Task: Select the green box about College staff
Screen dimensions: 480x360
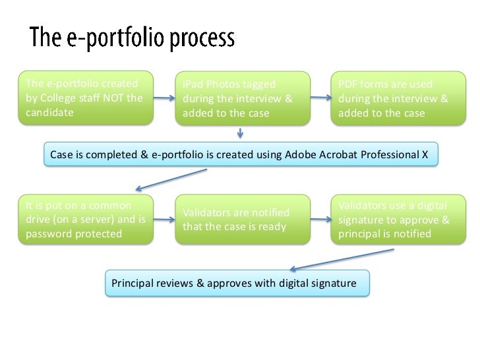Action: [85, 99]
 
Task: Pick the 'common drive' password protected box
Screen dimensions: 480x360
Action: [85, 220]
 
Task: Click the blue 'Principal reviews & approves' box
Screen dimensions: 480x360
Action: [237, 283]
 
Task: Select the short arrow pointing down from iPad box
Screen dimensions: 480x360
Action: [241, 133]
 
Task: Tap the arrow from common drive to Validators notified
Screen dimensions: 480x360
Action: [164, 219]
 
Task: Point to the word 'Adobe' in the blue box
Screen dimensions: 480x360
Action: [300, 155]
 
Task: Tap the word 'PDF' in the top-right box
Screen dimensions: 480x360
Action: [347, 84]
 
